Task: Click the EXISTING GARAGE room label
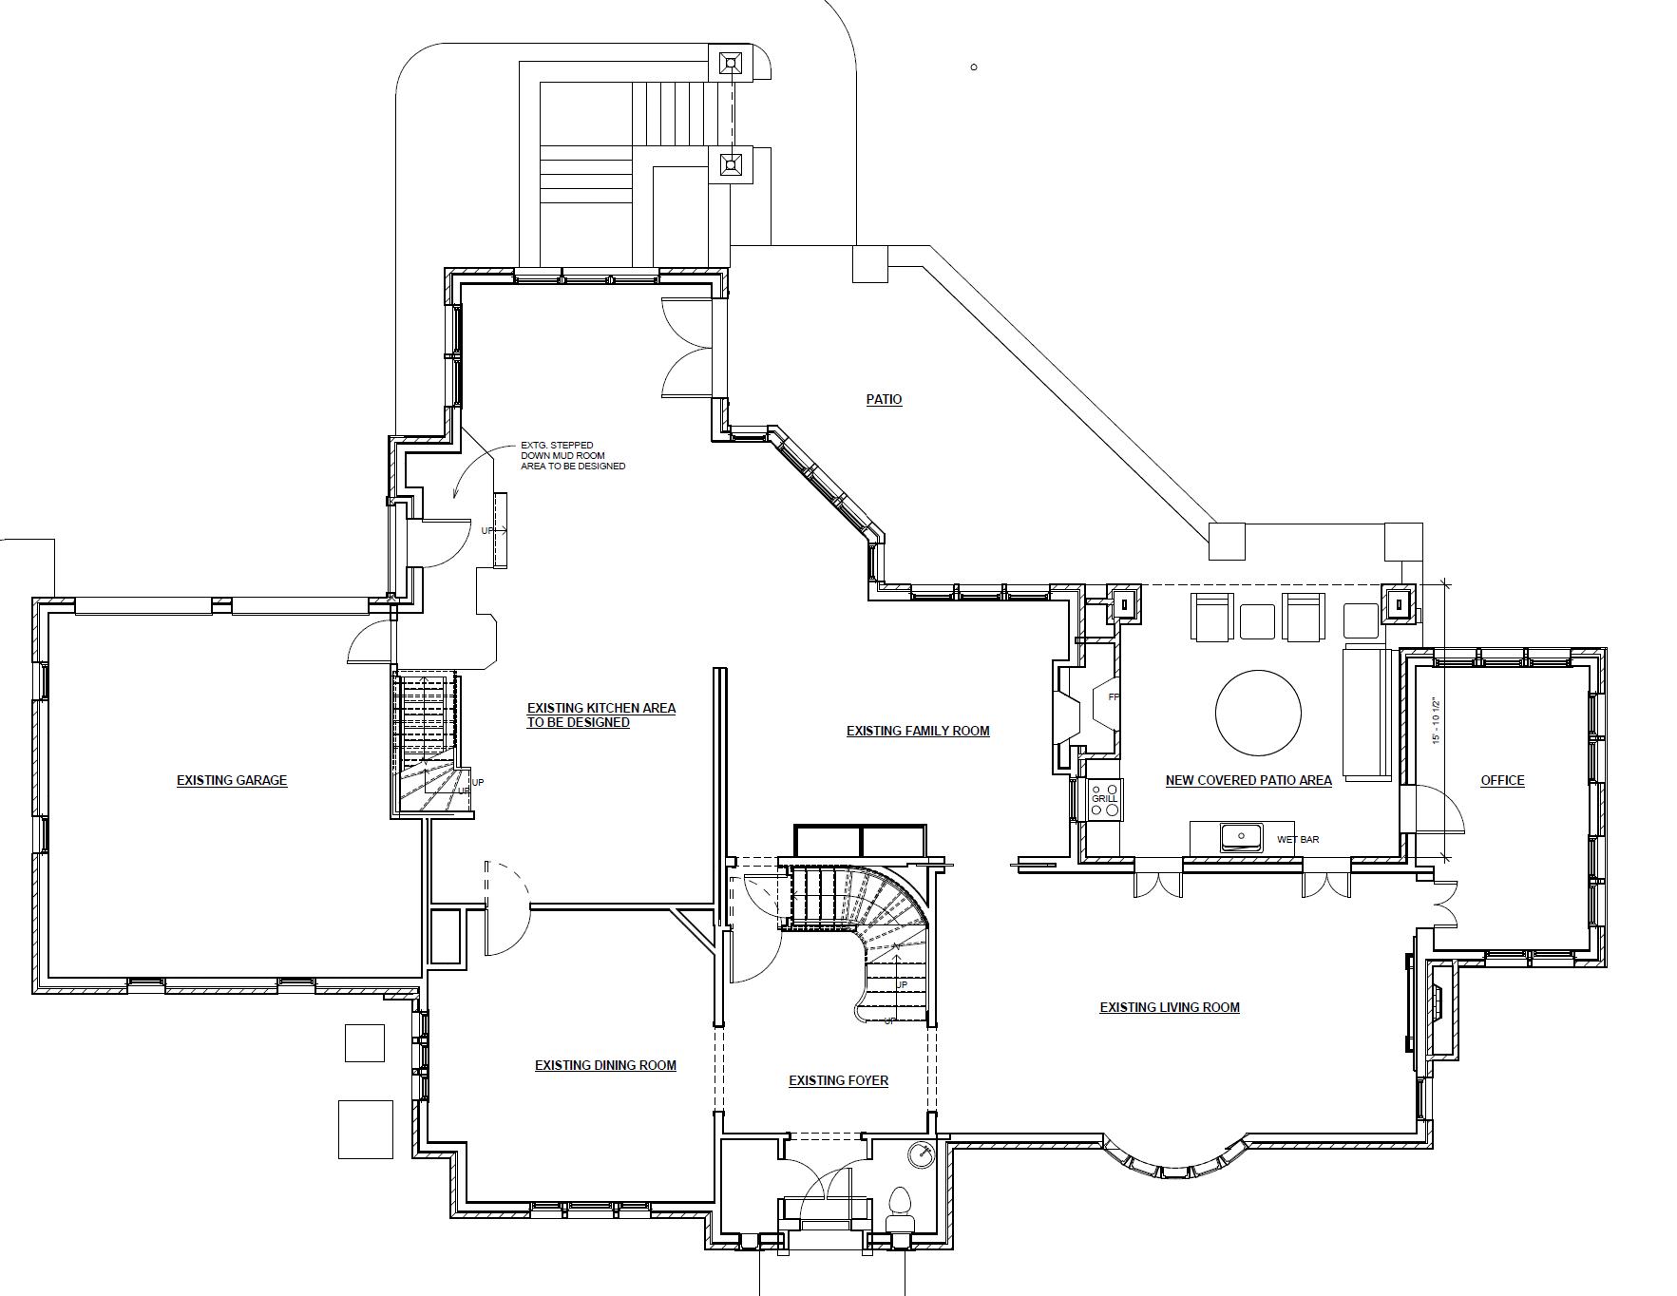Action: pos(231,780)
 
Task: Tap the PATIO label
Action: pos(884,399)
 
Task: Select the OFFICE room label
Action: pos(1502,780)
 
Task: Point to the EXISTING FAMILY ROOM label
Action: pos(918,731)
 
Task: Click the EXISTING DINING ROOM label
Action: pos(605,1065)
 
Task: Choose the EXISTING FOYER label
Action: pos(838,1080)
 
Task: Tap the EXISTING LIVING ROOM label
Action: pos(1169,1007)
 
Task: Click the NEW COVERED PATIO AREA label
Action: pos(1248,780)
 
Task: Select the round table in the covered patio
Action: pos(1258,712)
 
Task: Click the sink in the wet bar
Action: pos(1241,837)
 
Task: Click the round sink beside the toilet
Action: pos(921,1155)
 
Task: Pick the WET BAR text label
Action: pos(1298,840)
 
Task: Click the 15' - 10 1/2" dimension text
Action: pos(1437,721)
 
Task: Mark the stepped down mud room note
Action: pos(572,455)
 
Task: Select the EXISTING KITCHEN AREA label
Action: pos(600,715)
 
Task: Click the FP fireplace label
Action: pos(1114,696)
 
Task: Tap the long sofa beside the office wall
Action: pos(1366,712)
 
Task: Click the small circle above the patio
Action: pos(974,67)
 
